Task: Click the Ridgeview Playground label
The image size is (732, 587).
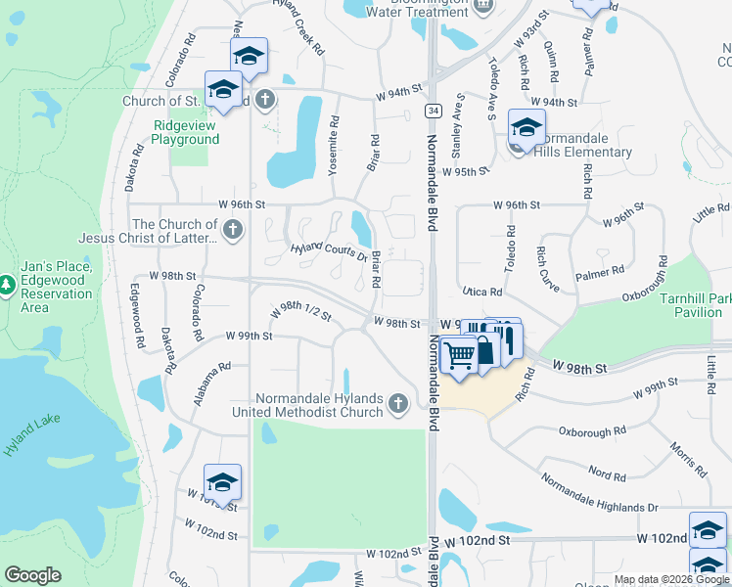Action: (185, 132)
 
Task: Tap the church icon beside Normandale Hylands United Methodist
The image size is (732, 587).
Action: (397, 403)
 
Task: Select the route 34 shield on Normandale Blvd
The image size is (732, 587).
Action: (432, 111)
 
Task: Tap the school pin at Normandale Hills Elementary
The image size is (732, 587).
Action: (526, 129)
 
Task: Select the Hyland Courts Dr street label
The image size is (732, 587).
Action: (328, 252)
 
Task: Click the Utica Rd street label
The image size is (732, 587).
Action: (481, 292)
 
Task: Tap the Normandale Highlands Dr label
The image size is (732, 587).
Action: (600, 495)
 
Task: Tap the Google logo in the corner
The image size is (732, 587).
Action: (32, 575)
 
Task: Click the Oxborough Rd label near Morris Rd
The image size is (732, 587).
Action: (592, 430)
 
